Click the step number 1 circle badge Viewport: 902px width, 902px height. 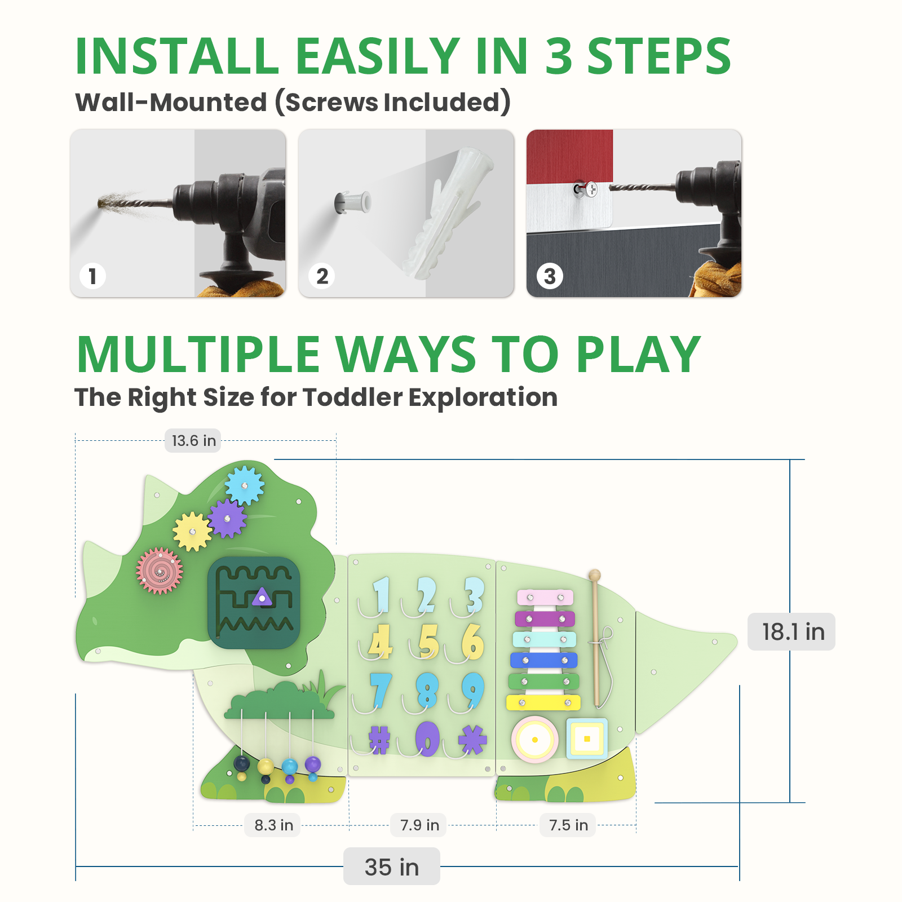tap(92, 276)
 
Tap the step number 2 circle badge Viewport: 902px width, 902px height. tap(322, 276)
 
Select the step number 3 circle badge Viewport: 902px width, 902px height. tap(550, 276)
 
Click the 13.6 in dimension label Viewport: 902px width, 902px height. tap(193, 441)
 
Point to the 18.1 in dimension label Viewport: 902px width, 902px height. tap(792, 632)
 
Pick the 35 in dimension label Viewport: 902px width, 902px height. tap(392, 867)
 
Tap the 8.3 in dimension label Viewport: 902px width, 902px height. tap(273, 825)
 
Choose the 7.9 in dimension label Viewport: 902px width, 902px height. tap(419, 825)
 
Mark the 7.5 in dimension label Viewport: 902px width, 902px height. tap(568, 825)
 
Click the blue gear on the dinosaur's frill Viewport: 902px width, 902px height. tap(245, 485)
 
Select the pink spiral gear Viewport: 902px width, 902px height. tap(160, 571)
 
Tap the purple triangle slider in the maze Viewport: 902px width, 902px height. tap(262, 596)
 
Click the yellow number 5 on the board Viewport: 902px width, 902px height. tap(428, 642)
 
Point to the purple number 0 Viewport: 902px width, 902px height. tap(427, 739)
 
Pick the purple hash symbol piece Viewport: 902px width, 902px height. tap(379, 740)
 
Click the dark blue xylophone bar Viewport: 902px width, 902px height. tap(544, 660)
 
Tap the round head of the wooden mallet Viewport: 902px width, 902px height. tap(594, 576)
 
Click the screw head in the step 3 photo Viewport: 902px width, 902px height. tap(590, 189)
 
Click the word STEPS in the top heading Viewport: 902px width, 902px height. tap(659, 56)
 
